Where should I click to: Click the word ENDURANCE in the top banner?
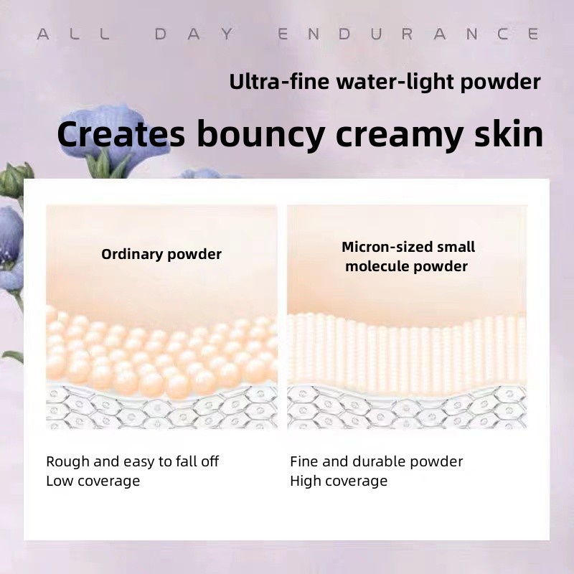point(408,34)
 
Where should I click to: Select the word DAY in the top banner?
point(194,34)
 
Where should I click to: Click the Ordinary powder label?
point(161,254)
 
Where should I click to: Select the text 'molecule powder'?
point(406,266)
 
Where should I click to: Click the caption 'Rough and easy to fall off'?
point(133,461)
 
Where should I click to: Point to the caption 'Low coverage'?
point(93,481)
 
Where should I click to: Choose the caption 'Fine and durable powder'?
point(377,461)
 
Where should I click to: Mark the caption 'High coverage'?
point(339,481)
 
